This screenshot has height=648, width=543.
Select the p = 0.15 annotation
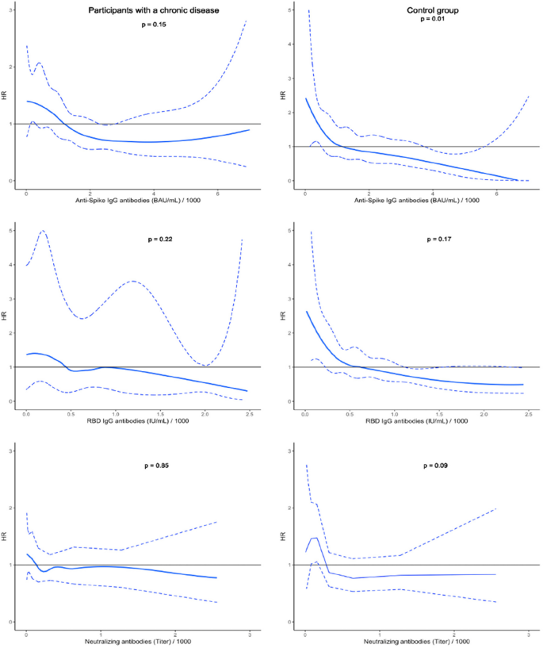tap(152, 25)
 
